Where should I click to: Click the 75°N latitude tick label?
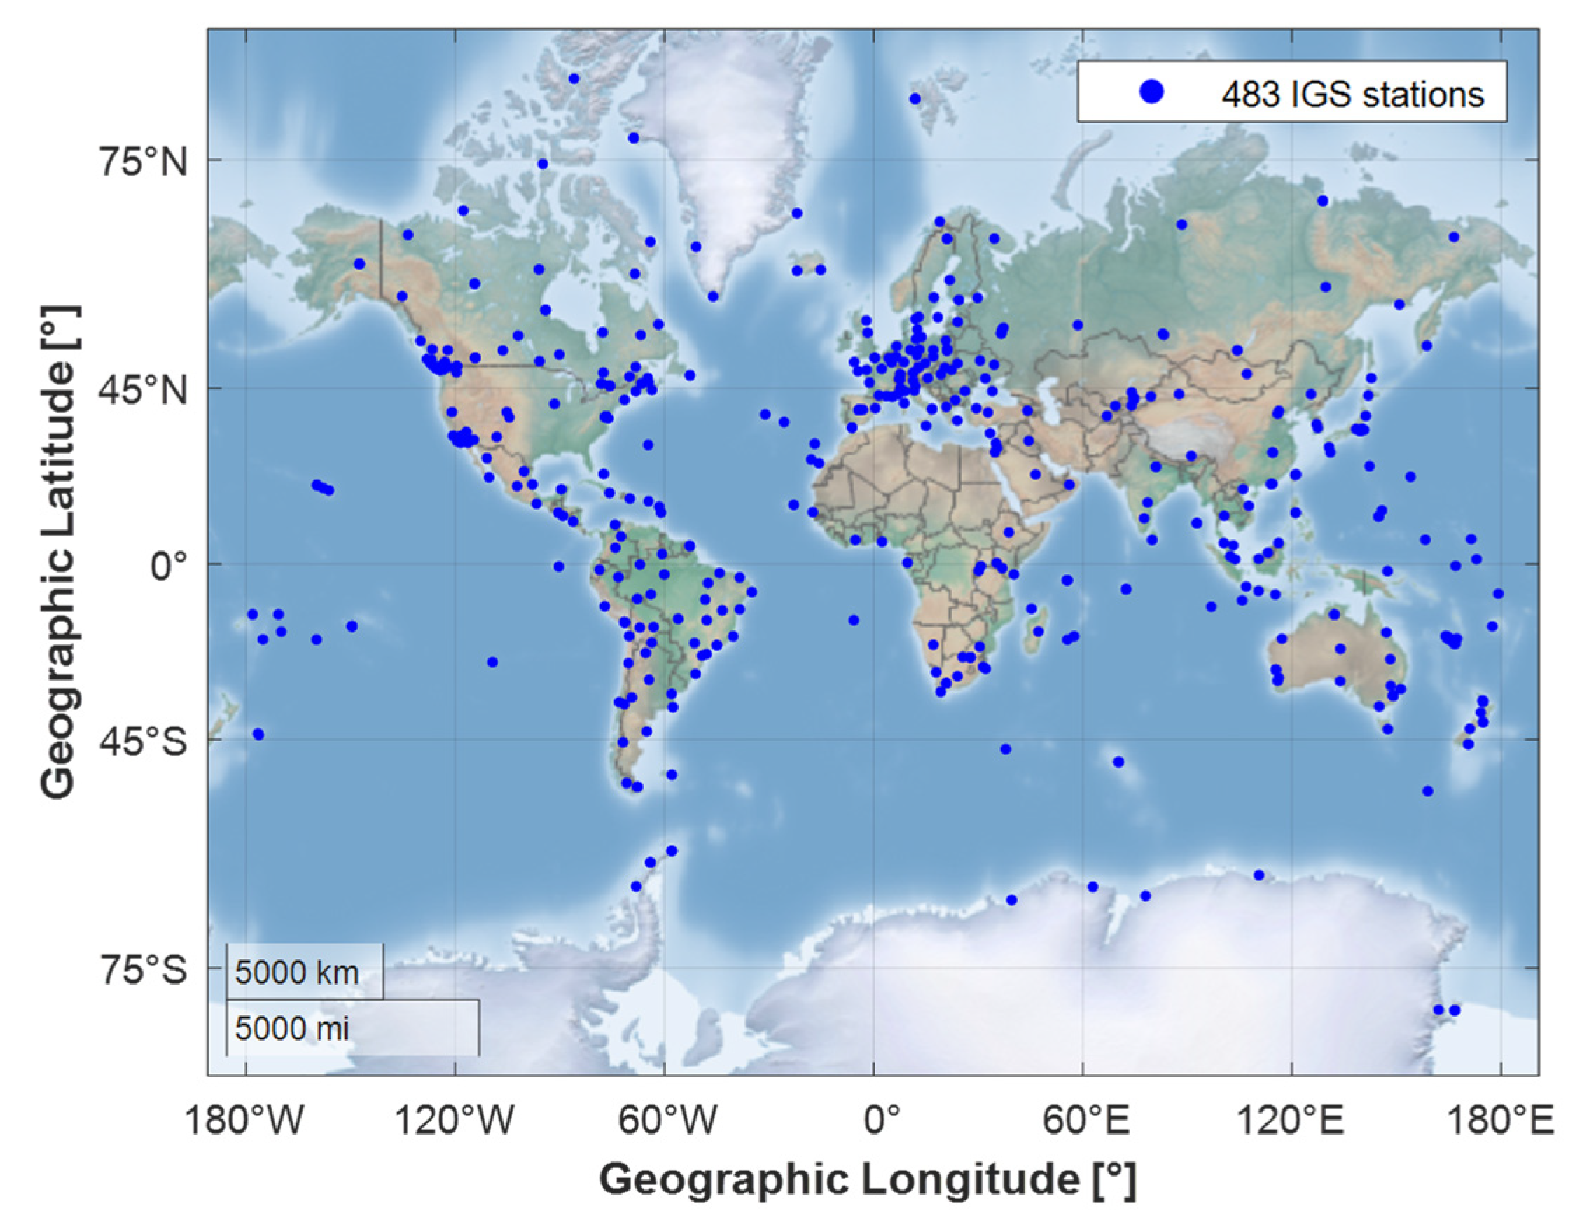[143, 163]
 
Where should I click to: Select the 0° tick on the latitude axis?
[169, 567]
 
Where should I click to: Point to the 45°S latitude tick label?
[143, 742]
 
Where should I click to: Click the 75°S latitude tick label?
[143, 971]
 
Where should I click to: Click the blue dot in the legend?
[1153, 92]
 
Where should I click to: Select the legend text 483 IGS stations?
[1352, 95]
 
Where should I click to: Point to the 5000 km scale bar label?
[297, 973]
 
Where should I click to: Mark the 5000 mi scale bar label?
[292, 1028]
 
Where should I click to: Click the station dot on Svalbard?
[915, 99]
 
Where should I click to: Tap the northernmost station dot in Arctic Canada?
[574, 78]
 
